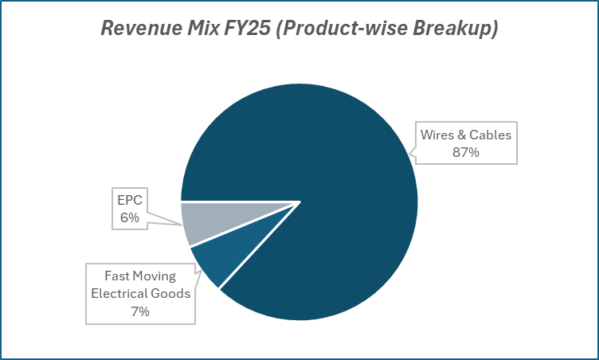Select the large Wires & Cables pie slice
tap(335, 183)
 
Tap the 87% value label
tap(466, 151)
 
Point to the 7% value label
tap(140, 311)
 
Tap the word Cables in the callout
tap(490, 135)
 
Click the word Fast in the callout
tap(119, 276)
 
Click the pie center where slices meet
tap(299, 202)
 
